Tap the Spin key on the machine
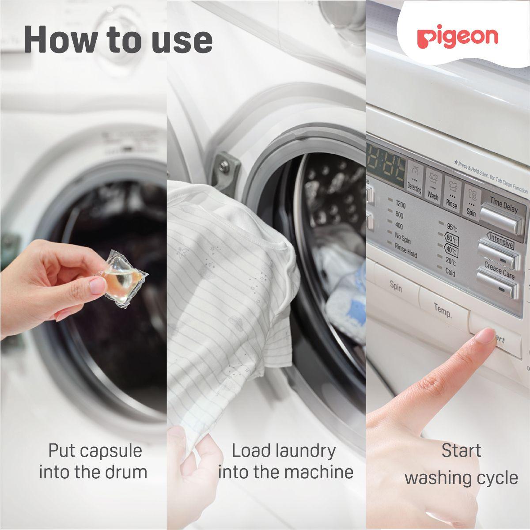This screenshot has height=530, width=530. (x=396, y=287)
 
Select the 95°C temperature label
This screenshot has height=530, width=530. (x=451, y=228)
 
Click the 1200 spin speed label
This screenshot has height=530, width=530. (x=400, y=205)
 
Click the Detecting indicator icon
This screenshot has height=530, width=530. (x=414, y=179)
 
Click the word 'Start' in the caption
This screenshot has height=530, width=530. (x=461, y=451)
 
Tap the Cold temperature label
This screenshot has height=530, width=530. (x=450, y=273)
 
